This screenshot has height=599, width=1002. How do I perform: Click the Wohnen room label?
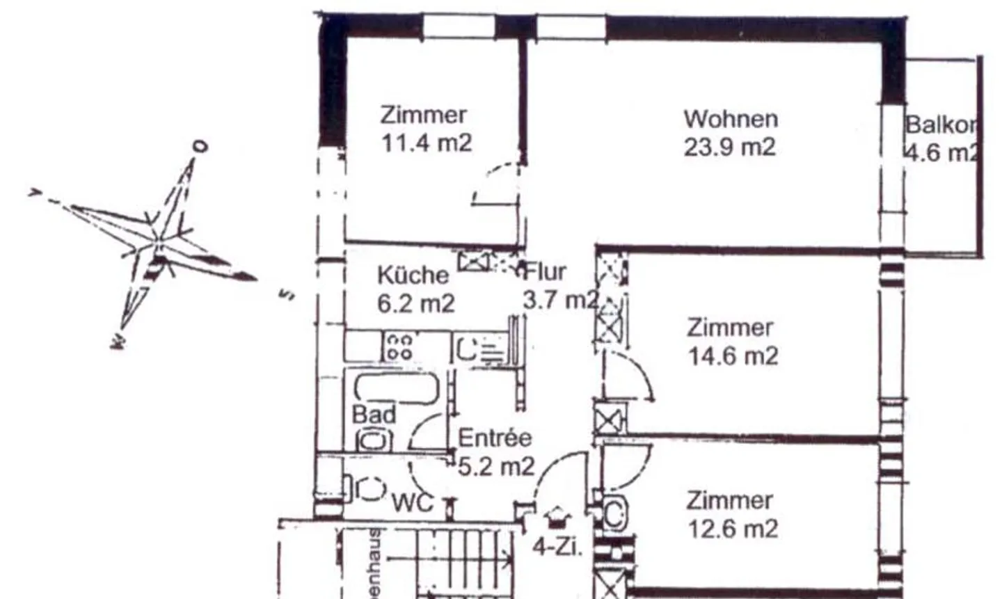(730, 119)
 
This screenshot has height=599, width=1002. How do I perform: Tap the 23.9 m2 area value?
(729, 147)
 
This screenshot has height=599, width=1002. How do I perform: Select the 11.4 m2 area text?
(426, 143)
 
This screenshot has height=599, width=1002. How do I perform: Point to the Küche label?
(413, 275)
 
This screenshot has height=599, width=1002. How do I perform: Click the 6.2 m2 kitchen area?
(415, 303)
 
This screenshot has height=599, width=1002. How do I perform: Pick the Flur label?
(546, 271)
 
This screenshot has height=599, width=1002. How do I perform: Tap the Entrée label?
(495, 438)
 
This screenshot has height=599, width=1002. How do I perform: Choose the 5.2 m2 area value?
(496, 465)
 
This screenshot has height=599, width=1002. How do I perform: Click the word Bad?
(374, 415)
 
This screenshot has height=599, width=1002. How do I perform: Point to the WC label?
(413, 502)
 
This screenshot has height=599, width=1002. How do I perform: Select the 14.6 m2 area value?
(733, 356)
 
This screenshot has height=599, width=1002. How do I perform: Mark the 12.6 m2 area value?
(733, 529)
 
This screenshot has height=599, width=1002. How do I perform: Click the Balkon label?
(941, 125)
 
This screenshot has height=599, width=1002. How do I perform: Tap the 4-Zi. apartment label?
(557, 546)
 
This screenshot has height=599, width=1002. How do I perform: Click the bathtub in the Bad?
(396, 388)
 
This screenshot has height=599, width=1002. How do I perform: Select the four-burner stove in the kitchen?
(399, 346)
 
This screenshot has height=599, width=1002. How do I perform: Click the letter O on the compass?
(200, 147)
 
